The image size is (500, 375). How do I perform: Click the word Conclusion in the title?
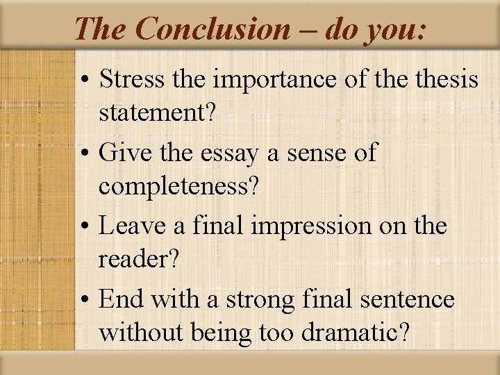pyautogui.click(x=213, y=28)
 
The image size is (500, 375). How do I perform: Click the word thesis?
pyautogui.click(x=444, y=79)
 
